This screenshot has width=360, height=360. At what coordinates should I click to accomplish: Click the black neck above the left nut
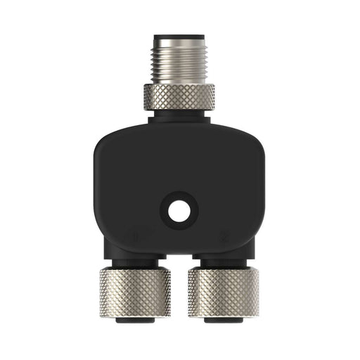[135, 262]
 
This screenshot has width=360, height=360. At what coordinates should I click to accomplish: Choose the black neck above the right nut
[223, 262]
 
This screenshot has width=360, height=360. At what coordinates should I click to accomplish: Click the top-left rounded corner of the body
[103, 136]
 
